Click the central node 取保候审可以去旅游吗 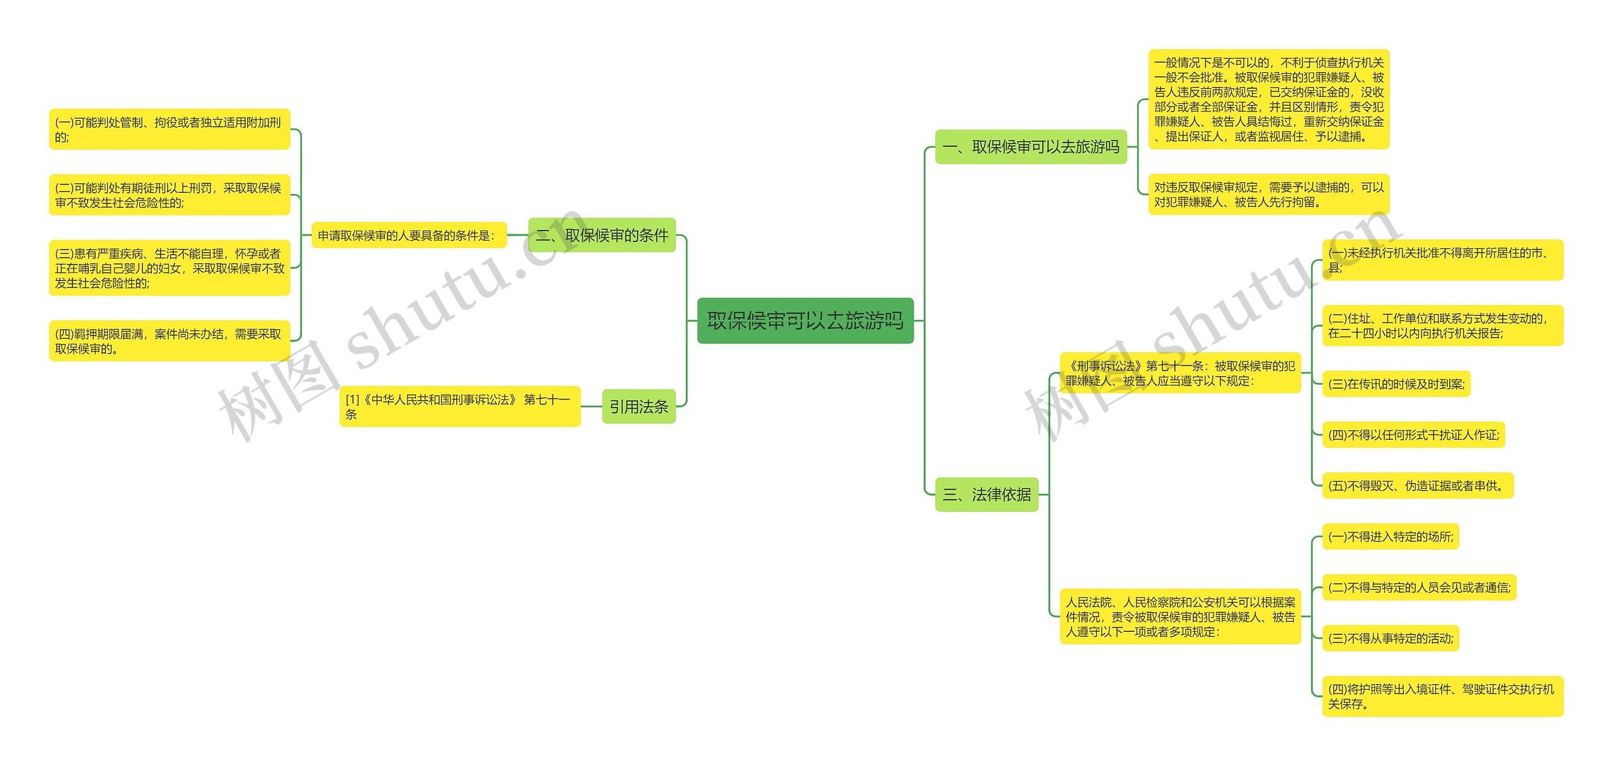(805, 321)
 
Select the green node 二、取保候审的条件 (602, 235)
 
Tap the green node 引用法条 (638, 406)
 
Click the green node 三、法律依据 (986, 494)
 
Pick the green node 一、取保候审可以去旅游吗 (1031, 147)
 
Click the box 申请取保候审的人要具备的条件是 (409, 235)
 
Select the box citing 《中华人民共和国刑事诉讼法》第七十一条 (459, 406)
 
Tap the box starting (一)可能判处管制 (169, 129)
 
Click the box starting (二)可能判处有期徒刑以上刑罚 (169, 195)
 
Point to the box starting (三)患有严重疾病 (169, 268)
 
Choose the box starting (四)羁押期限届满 (169, 341)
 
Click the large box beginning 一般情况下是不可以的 (1268, 99)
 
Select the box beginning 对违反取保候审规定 (1268, 194)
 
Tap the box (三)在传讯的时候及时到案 (1396, 384)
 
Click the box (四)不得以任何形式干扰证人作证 (1413, 435)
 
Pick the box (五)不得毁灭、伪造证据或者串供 (1417, 486)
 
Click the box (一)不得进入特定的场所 (1390, 537)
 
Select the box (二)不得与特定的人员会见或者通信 (1419, 588)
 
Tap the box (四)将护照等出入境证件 (1442, 696)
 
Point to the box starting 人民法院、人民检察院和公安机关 (1180, 617)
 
